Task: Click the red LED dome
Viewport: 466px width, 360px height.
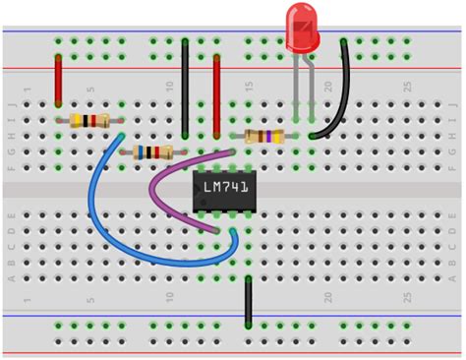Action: click(302, 27)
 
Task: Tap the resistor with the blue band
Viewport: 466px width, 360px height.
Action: click(151, 152)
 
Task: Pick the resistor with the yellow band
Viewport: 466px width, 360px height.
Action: click(88, 121)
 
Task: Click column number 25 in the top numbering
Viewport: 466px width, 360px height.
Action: click(407, 90)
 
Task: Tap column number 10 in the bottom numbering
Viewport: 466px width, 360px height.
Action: click(169, 295)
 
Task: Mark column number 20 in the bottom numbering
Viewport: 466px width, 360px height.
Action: click(327, 295)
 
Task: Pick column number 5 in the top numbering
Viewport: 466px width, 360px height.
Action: click(90, 90)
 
